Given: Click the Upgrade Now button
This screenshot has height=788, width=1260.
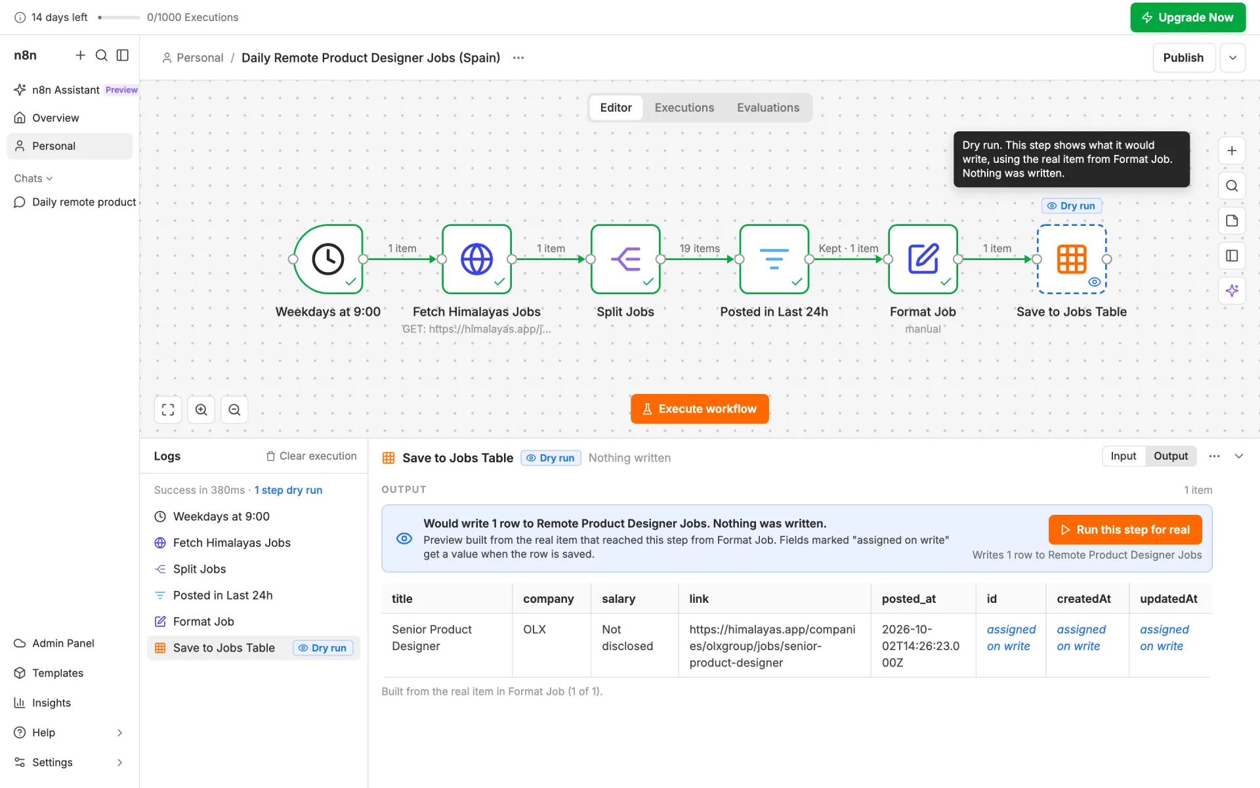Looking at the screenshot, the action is point(1188,18).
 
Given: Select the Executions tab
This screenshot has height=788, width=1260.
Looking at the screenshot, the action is point(684,108).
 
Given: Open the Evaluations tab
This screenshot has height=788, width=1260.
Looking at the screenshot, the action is point(768,108).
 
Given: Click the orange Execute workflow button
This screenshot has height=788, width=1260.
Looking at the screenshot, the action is point(700,409).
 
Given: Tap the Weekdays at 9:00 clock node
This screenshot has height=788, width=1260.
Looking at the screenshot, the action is point(328,259).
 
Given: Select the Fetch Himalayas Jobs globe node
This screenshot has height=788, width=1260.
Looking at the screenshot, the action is point(477,259).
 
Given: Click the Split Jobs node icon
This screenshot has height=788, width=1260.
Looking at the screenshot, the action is point(625,259).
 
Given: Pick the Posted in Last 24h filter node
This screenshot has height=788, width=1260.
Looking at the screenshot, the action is point(774,259).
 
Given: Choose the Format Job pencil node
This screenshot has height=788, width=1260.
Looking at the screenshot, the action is point(923,259).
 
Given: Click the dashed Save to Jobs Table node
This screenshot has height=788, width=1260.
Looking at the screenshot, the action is point(1072,259).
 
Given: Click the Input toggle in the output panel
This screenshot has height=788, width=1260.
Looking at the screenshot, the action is point(1123,456).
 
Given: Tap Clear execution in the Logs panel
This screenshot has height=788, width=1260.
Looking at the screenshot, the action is point(311,456).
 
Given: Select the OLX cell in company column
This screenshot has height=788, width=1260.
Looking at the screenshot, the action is point(535,629).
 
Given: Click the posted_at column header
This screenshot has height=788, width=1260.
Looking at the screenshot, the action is point(909,599).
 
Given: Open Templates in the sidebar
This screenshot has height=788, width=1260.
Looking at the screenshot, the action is point(58,673).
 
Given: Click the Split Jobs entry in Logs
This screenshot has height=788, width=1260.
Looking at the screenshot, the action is point(199,569).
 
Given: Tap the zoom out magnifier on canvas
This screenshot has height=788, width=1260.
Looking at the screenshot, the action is point(234,410).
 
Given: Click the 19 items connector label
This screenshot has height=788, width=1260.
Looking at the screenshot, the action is point(700,248).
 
